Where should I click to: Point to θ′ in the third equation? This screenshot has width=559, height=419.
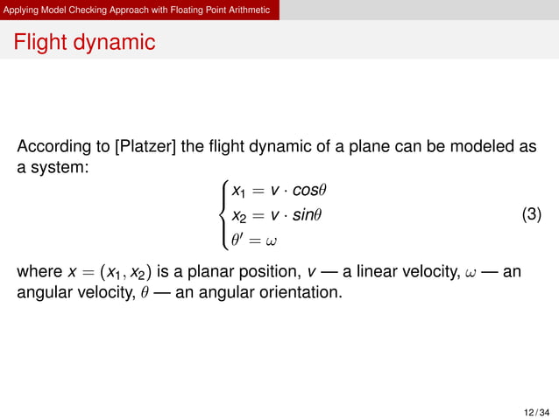(x=237, y=237)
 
